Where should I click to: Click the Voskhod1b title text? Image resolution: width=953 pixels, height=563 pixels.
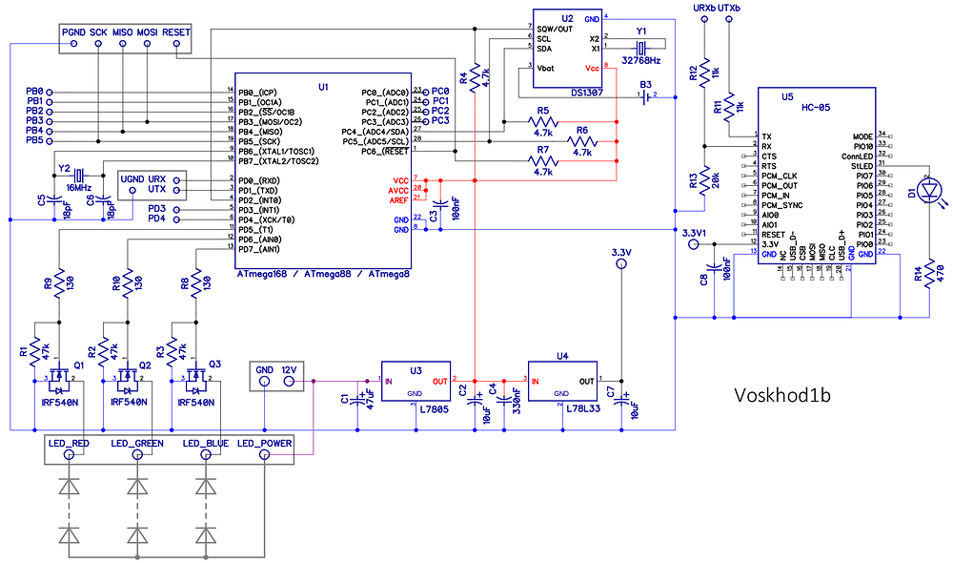tap(791, 394)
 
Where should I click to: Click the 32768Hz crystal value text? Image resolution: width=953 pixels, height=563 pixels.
tap(641, 59)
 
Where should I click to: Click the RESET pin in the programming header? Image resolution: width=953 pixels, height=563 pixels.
tap(176, 32)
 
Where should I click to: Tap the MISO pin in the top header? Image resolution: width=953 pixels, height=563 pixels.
tap(122, 32)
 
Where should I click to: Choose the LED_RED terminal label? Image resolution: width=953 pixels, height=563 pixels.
tap(69, 444)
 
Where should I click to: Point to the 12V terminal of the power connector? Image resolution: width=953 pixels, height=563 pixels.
tap(291, 368)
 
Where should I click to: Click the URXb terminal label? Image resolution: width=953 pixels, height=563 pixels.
tap(704, 8)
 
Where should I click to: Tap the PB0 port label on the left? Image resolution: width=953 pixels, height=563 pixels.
tap(34, 92)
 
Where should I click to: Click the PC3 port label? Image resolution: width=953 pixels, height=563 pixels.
tap(440, 121)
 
